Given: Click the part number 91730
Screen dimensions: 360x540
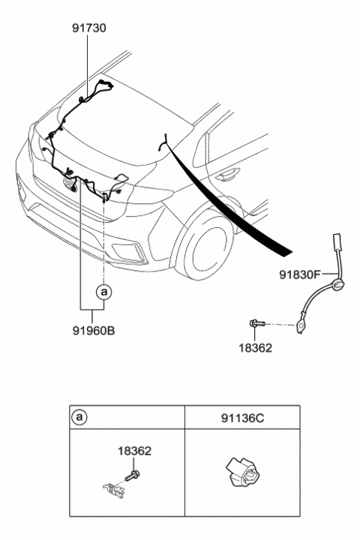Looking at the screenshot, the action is (x=89, y=28).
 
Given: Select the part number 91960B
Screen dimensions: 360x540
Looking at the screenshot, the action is (x=93, y=331).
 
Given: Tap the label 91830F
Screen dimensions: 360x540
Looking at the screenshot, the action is (x=300, y=274).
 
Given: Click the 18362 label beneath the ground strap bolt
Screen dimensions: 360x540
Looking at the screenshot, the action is (x=255, y=348).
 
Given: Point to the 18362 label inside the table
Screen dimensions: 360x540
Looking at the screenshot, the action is (x=134, y=451).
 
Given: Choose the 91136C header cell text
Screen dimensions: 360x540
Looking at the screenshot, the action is (x=242, y=418).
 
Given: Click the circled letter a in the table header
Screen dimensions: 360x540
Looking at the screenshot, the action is (x=79, y=418).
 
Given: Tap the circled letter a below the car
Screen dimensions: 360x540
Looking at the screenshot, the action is (x=103, y=292).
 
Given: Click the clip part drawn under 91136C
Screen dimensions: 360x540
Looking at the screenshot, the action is (x=243, y=472).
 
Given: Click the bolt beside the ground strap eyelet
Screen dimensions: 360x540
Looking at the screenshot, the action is (x=257, y=323).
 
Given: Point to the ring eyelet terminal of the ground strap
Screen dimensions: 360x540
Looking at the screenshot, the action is (x=300, y=325).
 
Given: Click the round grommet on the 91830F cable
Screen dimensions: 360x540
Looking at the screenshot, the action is (x=337, y=284).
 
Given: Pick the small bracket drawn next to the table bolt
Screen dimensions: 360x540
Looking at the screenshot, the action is (x=113, y=489).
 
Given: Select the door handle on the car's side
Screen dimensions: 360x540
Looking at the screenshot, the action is (x=227, y=173).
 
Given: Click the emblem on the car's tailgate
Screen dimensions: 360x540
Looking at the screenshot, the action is (x=70, y=184).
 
